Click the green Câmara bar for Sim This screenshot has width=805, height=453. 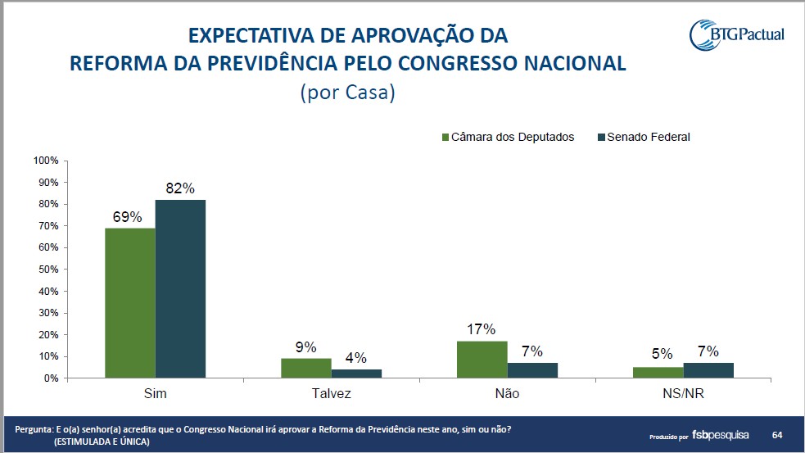130,303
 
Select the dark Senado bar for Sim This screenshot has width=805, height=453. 180,289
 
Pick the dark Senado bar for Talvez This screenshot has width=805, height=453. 356,374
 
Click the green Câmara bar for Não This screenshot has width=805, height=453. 482,360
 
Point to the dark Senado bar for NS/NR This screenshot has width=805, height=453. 709,370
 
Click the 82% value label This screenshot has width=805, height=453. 180,188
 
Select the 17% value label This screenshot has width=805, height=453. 482,329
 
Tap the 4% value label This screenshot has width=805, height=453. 356,358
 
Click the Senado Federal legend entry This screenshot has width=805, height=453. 647,137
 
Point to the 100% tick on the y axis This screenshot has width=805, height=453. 46,161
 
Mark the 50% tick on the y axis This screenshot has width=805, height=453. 47,270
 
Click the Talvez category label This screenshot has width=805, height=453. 331,394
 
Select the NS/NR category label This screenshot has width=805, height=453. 683,394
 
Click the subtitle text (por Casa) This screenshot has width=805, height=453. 348,93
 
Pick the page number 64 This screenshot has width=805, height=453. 776,433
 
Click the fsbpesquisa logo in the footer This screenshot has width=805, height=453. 721,434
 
